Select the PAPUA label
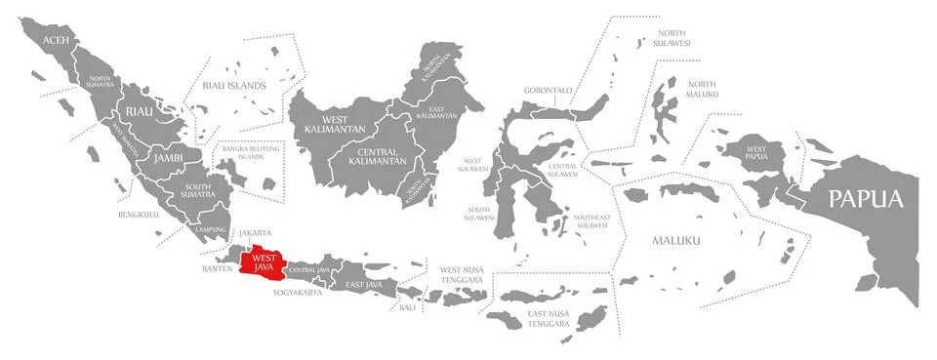tap(865, 199)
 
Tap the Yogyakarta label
tap(298, 292)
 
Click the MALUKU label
tap(676, 240)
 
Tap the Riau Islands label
tap(234, 86)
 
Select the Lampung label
tap(210, 229)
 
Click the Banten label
tap(217, 267)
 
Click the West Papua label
tap(756, 152)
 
